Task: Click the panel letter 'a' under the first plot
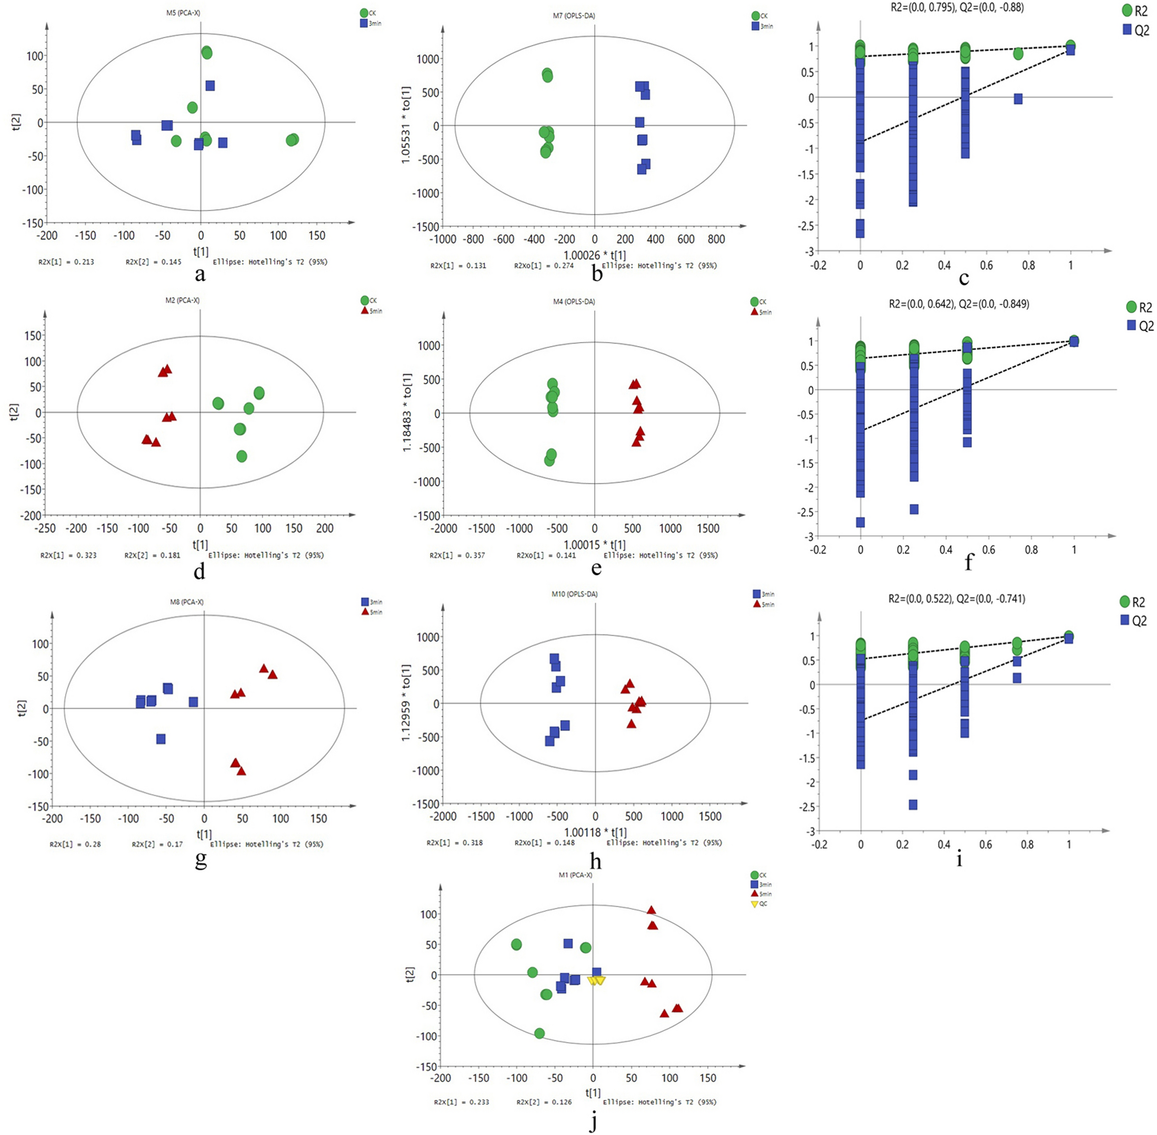(200, 274)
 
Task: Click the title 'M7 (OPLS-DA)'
(573, 16)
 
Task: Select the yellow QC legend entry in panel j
(759, 904)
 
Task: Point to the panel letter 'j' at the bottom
(592, 1122)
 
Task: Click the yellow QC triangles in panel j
(596, 980)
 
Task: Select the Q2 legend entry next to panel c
(1135, 30)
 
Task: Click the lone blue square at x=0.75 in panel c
(1018, 99)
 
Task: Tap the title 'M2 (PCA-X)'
(182, 300)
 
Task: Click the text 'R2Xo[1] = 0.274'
(544, 266)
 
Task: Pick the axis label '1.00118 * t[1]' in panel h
(595, 832)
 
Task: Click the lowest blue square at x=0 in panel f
(860, 522)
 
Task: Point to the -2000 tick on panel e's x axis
(444, 528)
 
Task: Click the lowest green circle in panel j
(539, 1033)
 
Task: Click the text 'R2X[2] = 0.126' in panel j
(544, 1102)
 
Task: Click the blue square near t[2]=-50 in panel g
(160, 739)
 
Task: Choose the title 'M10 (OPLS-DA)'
(574, 595)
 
